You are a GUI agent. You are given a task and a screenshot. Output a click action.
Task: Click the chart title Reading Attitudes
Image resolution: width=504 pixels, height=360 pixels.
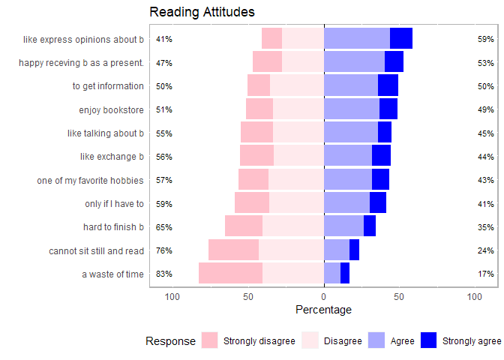(202, 12)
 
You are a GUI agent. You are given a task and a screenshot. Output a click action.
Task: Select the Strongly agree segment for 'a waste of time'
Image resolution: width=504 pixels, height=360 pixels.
(345, 274)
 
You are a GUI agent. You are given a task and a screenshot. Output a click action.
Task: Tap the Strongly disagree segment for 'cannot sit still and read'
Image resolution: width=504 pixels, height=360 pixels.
(233, 250)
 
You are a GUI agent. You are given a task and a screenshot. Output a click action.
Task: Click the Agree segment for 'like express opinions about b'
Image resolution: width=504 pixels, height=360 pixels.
(357, 39)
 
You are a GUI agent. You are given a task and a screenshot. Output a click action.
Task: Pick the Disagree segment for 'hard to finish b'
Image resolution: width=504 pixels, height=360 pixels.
(293, 226)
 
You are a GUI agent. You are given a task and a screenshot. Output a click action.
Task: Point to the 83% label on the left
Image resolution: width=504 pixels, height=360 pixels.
(164, 274)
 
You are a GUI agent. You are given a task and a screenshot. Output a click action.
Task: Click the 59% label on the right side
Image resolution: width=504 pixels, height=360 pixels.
(485, 39)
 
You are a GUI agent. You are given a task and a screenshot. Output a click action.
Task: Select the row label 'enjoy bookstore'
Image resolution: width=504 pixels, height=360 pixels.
(111, 110)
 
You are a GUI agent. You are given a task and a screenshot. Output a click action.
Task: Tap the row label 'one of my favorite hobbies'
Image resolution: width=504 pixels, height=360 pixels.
(90, 181)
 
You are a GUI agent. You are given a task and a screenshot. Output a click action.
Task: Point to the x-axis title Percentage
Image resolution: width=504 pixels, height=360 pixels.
(323, 310)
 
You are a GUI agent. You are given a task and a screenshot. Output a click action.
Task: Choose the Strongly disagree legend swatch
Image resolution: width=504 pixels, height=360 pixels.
(209, 340)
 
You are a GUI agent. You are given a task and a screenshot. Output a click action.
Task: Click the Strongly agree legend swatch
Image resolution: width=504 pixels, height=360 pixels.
(428, 340)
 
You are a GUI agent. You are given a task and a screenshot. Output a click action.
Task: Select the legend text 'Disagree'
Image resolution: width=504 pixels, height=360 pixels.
(343, 341)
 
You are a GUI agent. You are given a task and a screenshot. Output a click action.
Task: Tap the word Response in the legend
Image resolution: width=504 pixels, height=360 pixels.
(170, 341)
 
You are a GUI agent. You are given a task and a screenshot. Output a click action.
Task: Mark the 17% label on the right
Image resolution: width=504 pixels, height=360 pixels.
(485, 274)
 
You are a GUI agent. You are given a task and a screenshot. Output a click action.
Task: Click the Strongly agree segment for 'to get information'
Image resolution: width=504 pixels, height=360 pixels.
(388, 86)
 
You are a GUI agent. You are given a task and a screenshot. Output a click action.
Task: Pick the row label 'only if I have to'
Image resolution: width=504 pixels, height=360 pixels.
(114, 204)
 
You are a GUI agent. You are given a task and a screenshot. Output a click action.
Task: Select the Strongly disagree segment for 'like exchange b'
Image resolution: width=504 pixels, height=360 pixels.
(256, 156)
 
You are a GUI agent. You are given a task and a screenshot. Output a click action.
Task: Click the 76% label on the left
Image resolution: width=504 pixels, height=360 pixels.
(164, 251)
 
